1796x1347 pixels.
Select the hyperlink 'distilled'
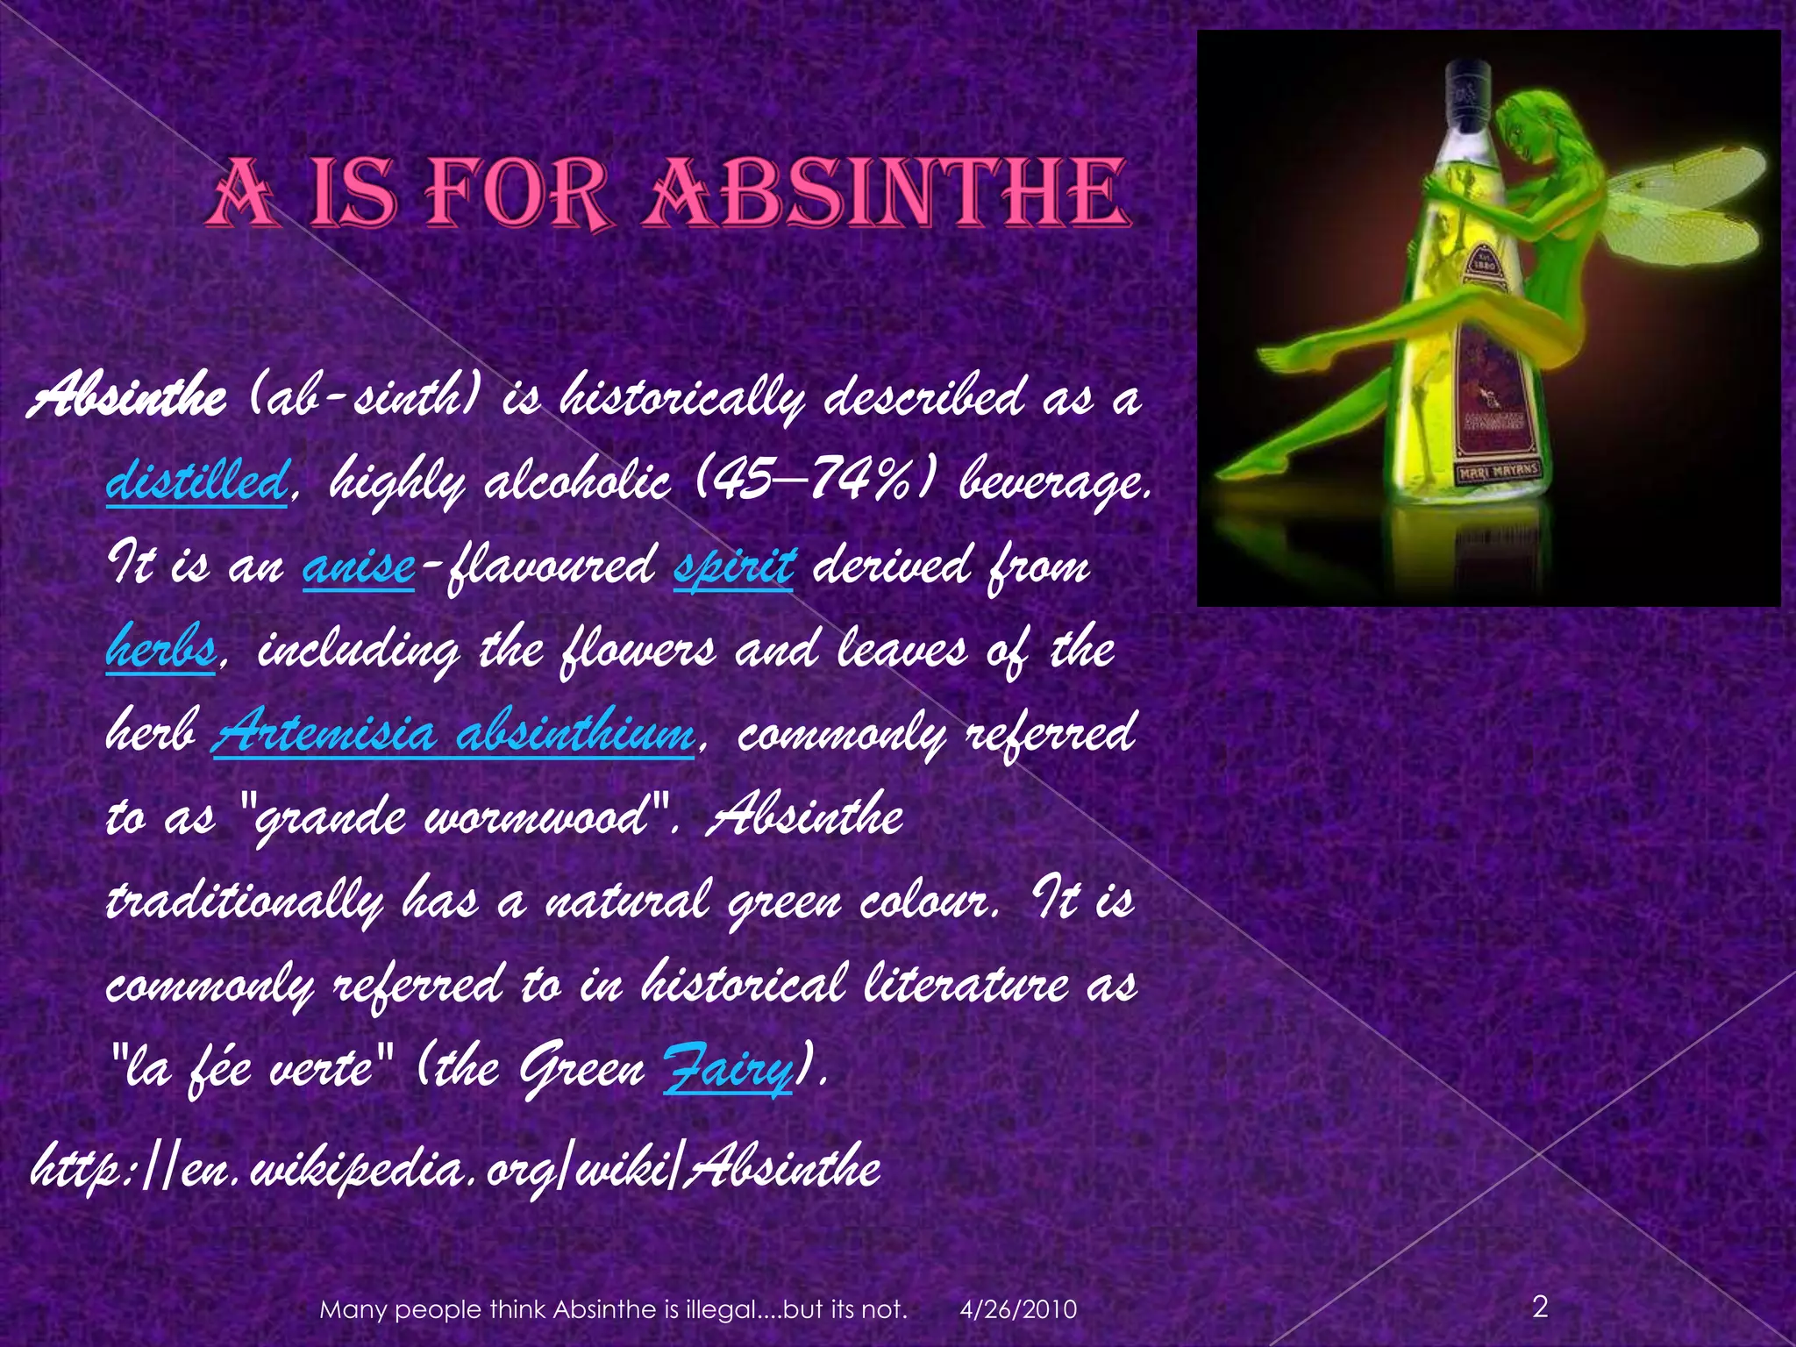[x=196, y=481]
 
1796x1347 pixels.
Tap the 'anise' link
[x=358, y=566]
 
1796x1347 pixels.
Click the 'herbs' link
[x=160, y=649]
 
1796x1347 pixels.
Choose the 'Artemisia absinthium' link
[x=453, y=733]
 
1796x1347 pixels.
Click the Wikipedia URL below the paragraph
[x=455, y=1169]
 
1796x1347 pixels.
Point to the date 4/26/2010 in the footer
[x=1018, y=1310]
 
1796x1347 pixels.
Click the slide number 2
[x=1540, y=1308]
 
